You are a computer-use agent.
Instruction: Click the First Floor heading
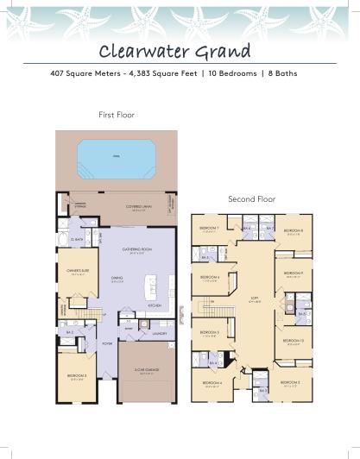[117, 114]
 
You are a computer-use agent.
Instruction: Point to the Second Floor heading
[250, 198]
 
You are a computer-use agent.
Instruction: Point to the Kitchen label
[155, 305]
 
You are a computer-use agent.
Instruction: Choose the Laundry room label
[158, 332]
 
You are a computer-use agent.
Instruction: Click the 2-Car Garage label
[148, 372]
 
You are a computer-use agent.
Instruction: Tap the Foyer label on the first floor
[109, 342]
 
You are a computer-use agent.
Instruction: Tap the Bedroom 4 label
[214, 382]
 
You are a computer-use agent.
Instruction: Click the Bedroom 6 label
[210, 278]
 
